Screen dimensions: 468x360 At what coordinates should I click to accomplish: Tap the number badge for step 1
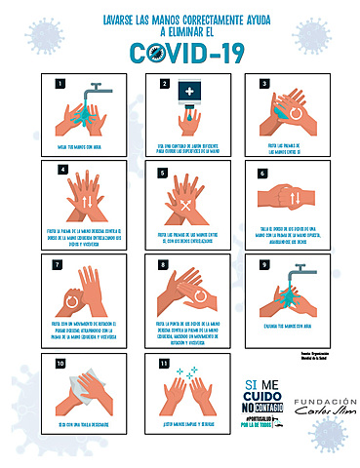(x=60, y=84)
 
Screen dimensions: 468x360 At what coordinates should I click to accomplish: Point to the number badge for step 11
(x=162, y=364)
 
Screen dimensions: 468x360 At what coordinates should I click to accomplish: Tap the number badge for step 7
(x=60, y=263)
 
